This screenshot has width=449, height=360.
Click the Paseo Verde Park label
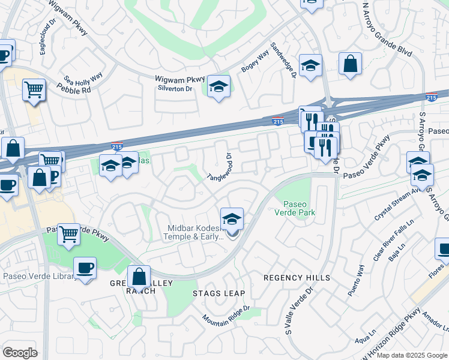(295, 207)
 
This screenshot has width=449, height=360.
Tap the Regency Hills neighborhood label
(297, 278)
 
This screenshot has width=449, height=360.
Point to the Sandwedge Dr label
(284, 60)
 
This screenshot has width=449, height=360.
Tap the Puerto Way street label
(360, 279)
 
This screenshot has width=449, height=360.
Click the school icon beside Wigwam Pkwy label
(219, 88)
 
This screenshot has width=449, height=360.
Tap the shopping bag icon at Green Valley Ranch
(139, 277)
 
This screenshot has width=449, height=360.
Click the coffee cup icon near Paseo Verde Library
(85, 268)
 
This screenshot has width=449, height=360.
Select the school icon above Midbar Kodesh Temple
(232, 219)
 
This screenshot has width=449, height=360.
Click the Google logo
(20, 353)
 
